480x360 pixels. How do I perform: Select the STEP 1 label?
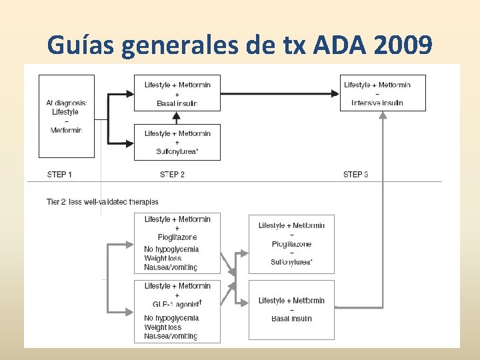coord(60,175)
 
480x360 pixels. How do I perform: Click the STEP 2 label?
coord(173,175)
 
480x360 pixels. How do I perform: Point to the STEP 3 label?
coord(356,175)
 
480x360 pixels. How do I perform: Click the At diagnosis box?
coord(67,116)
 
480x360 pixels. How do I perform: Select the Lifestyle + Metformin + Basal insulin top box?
coord(177,93)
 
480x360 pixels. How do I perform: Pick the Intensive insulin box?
coord(383,93)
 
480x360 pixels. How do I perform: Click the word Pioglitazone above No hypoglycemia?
coord(177,237)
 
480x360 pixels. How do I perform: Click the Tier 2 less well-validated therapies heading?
coord(103,201)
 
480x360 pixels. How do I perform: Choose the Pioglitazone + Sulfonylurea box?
coord(291,244)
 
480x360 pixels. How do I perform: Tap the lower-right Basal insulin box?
coord(291,309)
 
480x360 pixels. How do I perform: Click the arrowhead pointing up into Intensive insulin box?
coord(383,115)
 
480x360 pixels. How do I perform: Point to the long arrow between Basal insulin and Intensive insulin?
coord(280,94)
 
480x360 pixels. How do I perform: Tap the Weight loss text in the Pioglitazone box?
coord(163,258)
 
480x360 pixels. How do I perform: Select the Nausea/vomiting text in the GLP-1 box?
coord(171,337)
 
